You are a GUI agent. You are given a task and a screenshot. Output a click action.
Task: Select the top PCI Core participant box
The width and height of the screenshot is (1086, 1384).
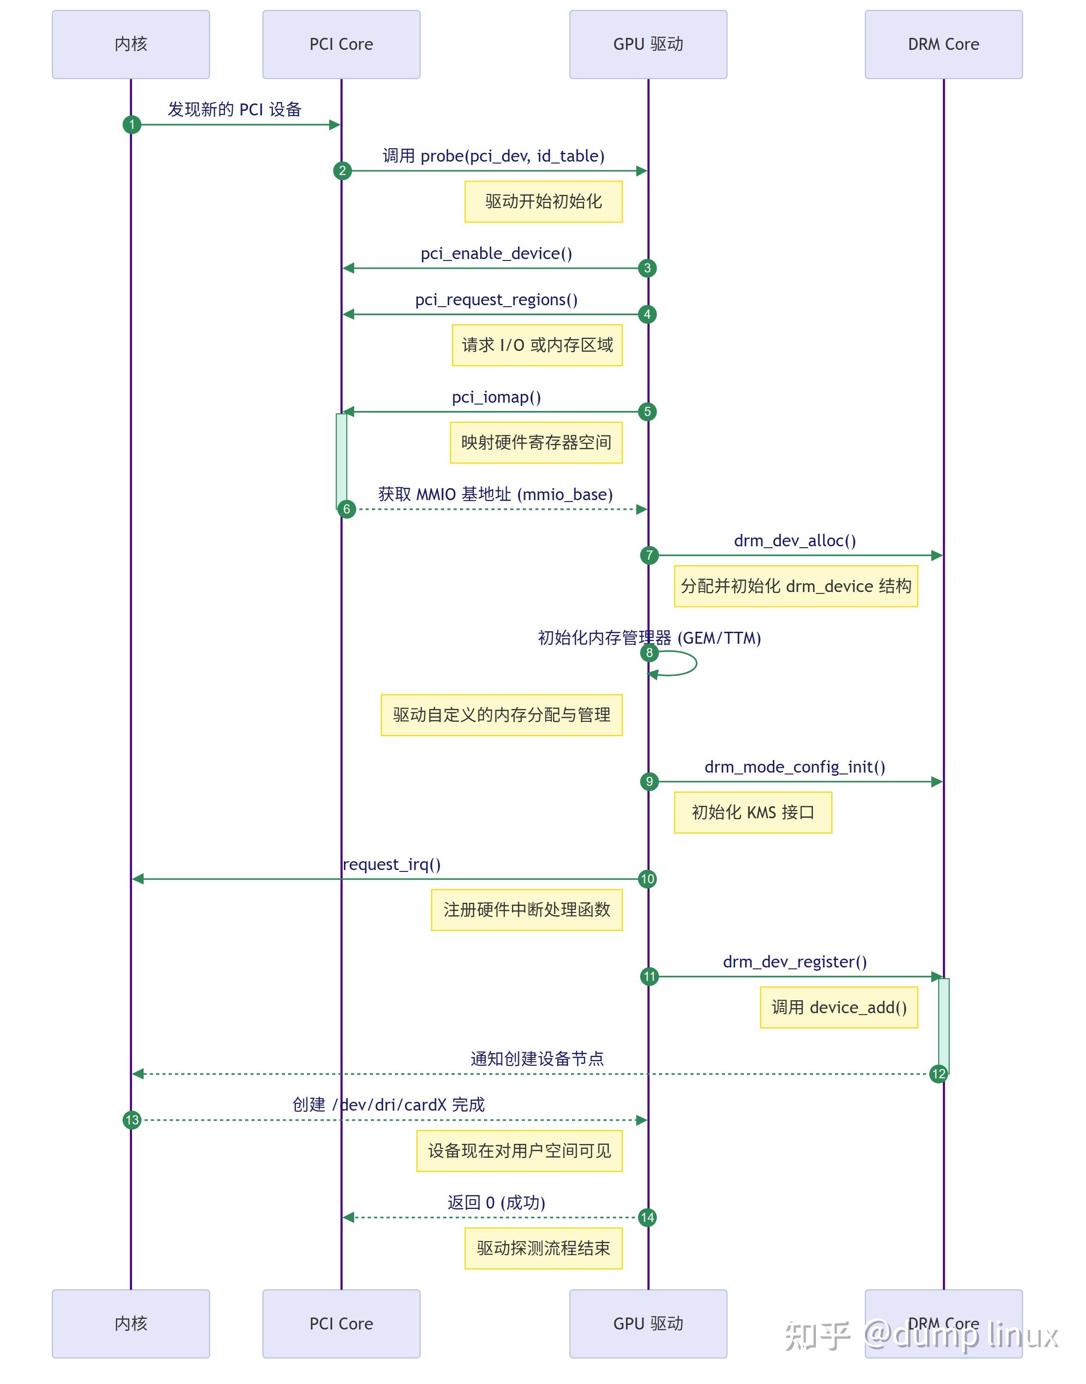tap(341, 44)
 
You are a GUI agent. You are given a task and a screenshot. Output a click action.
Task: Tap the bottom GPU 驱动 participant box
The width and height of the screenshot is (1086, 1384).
tap(647, 1323)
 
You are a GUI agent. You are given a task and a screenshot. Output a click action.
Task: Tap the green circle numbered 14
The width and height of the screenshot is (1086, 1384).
tap(647, 1217)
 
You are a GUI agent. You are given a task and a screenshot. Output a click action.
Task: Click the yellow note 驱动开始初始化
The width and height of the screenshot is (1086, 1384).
tap(543, 201)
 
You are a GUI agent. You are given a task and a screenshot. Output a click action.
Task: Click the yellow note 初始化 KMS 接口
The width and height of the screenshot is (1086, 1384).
tap(752, 812)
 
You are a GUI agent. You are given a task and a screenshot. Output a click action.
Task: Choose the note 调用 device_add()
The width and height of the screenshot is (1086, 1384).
tap(838, 1007)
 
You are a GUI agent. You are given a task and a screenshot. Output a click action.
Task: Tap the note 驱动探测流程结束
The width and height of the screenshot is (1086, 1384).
tap(543, 1248)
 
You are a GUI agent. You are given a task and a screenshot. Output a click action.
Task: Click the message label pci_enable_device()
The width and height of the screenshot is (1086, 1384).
tap(496, 253)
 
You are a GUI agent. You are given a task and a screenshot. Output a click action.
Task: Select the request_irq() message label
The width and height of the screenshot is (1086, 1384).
tap(391, 864)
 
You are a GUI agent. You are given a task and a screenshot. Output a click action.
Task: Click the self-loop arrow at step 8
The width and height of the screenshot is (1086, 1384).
tap(690, 664)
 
